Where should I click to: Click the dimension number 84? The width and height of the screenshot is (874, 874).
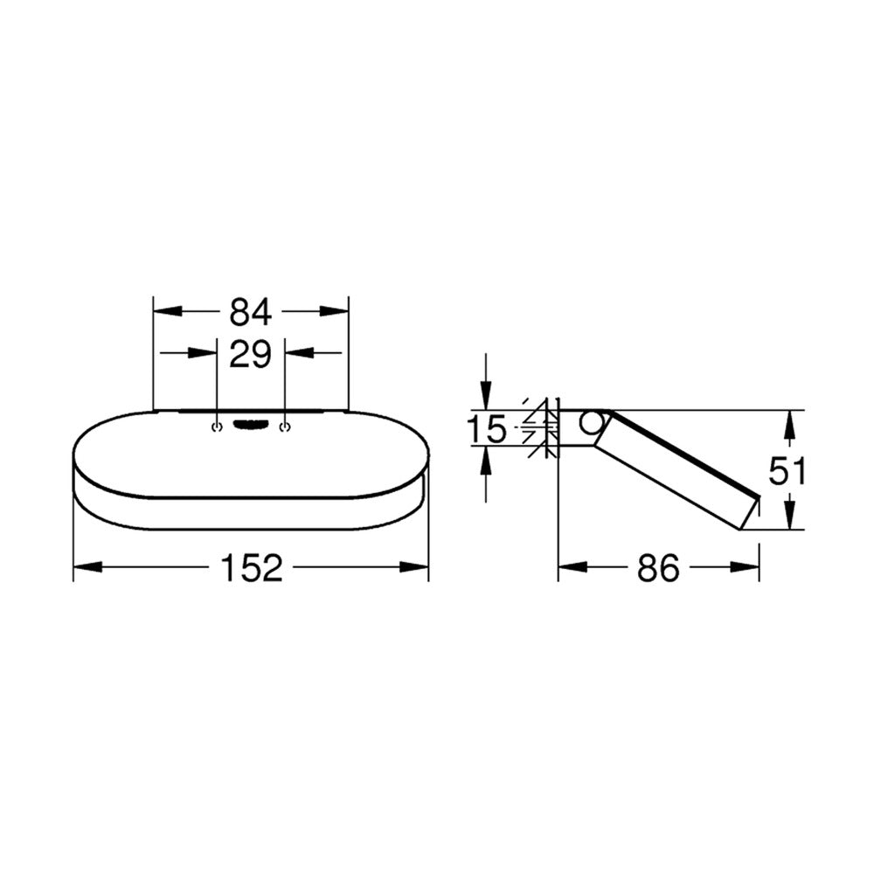coord(250,312)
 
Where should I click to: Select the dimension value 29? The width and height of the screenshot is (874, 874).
coord(250,354)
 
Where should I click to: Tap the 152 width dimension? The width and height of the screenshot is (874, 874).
coord(252,568)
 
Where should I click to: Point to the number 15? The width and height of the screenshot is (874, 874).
coord(486,429)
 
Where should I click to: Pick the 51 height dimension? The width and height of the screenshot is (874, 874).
coord(787,471)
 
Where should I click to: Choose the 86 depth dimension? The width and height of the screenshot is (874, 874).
coord(658,568)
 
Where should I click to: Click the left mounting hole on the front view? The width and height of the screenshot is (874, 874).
coord(217,427)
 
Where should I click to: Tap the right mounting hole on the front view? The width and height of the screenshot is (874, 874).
coord(286,427)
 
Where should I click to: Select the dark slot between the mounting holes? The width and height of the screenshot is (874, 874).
coord(251,425)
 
